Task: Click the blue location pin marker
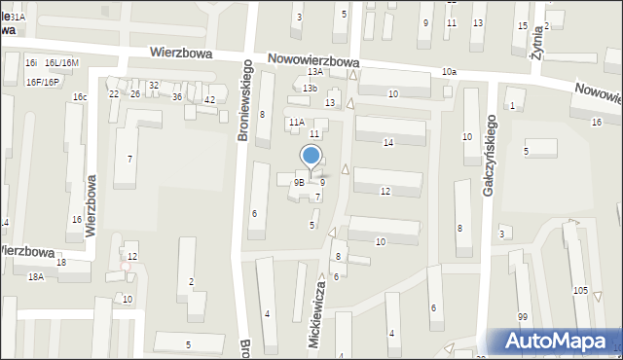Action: coord(311,157)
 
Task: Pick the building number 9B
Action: coord(301,182)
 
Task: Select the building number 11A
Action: coord(296,123)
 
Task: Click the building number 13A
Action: coord(314,72)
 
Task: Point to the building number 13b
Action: coord(310,89)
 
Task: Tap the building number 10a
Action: coord(448,72)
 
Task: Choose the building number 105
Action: coord(581,291)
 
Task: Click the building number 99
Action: coord(523,317)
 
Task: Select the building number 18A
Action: coord(36,277)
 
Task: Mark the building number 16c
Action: coord(80,97)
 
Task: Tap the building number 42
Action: coord(209,100)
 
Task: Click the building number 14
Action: coord(388,142)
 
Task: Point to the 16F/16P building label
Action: coord(44,82)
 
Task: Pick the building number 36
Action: coord(177,97)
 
